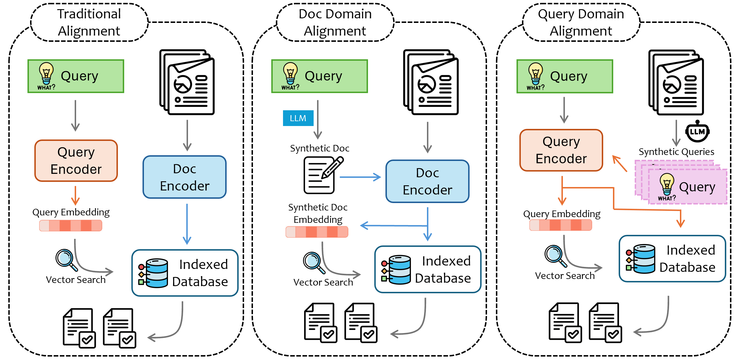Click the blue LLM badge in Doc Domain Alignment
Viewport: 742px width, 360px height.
pos(298,118)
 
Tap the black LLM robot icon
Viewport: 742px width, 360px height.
pos(697,132)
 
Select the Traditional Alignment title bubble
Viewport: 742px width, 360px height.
pos(89,22)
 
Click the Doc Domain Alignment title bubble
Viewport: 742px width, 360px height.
pos(335,22)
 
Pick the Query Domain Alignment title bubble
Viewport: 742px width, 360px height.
pos(581,22)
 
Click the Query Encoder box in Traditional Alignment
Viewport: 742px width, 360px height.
pos(76,161)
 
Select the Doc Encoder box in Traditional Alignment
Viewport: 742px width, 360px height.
pos(185,177)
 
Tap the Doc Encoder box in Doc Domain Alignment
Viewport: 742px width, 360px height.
pos(428,181)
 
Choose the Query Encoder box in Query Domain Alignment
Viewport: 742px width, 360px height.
pos(561,150)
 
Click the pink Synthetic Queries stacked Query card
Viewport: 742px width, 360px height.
pos(687,187)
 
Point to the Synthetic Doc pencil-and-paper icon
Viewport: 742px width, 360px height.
pos(322,175)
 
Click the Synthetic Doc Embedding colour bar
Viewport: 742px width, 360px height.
pos(317,232)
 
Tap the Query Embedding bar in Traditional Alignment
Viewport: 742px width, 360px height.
pos(71,225)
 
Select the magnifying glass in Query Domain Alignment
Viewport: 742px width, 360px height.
pos(555,255)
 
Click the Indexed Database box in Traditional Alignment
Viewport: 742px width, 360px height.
pos(185,273)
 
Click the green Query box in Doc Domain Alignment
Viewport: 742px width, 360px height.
pos(319,76)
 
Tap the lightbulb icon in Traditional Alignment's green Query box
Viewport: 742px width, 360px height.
pos(46,74)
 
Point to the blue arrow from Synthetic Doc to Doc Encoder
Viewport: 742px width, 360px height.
pos(360,177)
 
